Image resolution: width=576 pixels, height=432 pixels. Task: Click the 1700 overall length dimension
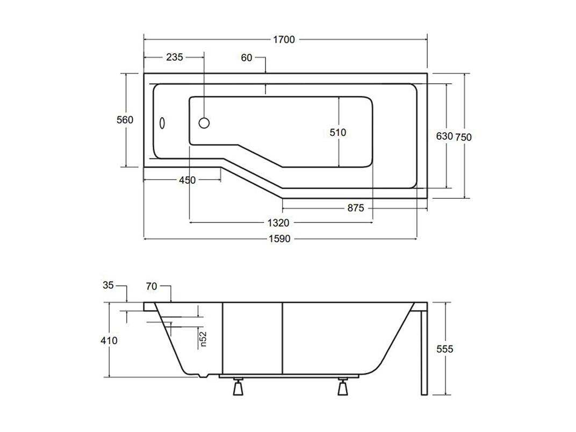click(x=284, y=40)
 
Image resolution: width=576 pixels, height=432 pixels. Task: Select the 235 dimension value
click(x=175, y=57)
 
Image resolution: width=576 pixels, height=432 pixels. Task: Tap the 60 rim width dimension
click(x=247, y=57)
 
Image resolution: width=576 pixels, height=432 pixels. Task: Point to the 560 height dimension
click(x=125, y=120)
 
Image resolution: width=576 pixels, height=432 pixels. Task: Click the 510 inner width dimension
click(x=337, y=132)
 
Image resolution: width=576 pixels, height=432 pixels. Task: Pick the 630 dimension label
click(x=444, y=136)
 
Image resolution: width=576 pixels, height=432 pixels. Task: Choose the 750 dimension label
click(x=463, y=137)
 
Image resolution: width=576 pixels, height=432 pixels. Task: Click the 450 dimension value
click(x=188, y=180)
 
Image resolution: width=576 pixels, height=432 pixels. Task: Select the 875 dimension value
click(x=356, y=208)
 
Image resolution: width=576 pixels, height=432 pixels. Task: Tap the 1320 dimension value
click(x=278, y=222)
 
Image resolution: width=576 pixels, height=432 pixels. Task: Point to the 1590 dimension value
click(x=279, y=239)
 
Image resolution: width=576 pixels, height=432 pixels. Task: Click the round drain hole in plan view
click(x=204, y=123)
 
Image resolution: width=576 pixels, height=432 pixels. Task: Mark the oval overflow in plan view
click(x=162, y=123)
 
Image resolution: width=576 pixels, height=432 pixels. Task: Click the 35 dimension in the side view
click(x=109, y=285)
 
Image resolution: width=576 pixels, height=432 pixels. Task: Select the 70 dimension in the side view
click(x=152, y=286)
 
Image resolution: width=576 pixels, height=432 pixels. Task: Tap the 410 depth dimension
click(x=109, y=341)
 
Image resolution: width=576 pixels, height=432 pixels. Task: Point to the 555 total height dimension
click(x=445, y=349)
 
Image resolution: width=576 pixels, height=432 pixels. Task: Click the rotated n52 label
click(x=204, y=339)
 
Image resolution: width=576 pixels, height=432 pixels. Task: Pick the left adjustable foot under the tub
click(x=238, y=386)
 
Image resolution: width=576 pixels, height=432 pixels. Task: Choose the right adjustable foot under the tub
click(x=343, y=386)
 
